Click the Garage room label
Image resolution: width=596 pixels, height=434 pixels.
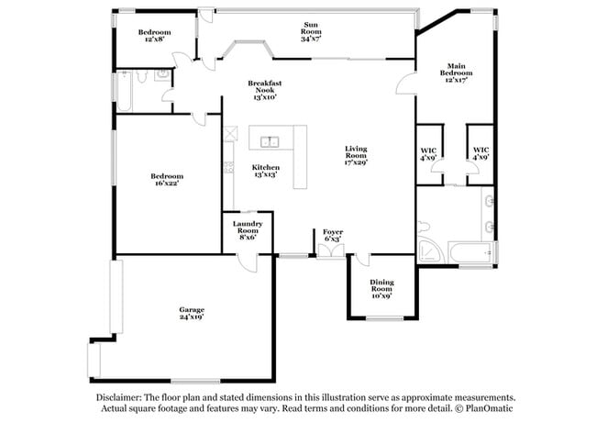(x=192, y=313)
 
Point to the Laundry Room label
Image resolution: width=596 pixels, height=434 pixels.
(x=248, y=229)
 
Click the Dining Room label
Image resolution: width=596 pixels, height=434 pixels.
(x=381, y=290)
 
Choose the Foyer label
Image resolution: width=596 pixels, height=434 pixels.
(x=332, y=235)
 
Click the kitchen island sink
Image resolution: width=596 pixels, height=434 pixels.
(x=270, y=141)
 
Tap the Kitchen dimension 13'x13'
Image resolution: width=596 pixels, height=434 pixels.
(x=266, y=173)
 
